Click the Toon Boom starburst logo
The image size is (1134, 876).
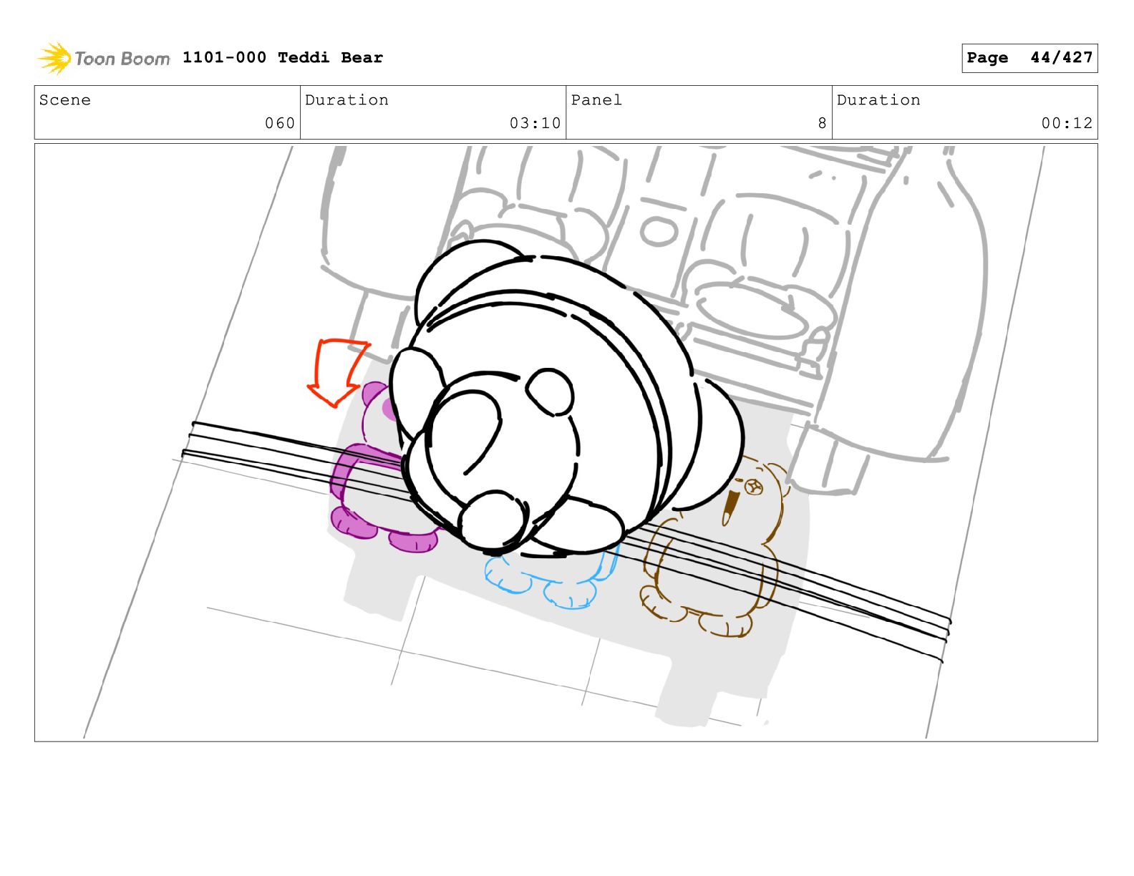coord(54,58)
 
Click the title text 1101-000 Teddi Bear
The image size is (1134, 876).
coord(282,57)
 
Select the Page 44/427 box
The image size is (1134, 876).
coord(1029,58)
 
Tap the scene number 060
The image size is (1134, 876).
coord(280,123)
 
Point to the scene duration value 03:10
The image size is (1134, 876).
coord(535,123)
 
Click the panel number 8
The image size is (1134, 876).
coord(822,123)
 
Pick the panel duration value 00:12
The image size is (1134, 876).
coord(1067,123)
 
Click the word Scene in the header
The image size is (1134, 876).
coord(64,99)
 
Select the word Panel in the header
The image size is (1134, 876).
coord(596,99)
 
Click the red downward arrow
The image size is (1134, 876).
coord(336,371)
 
